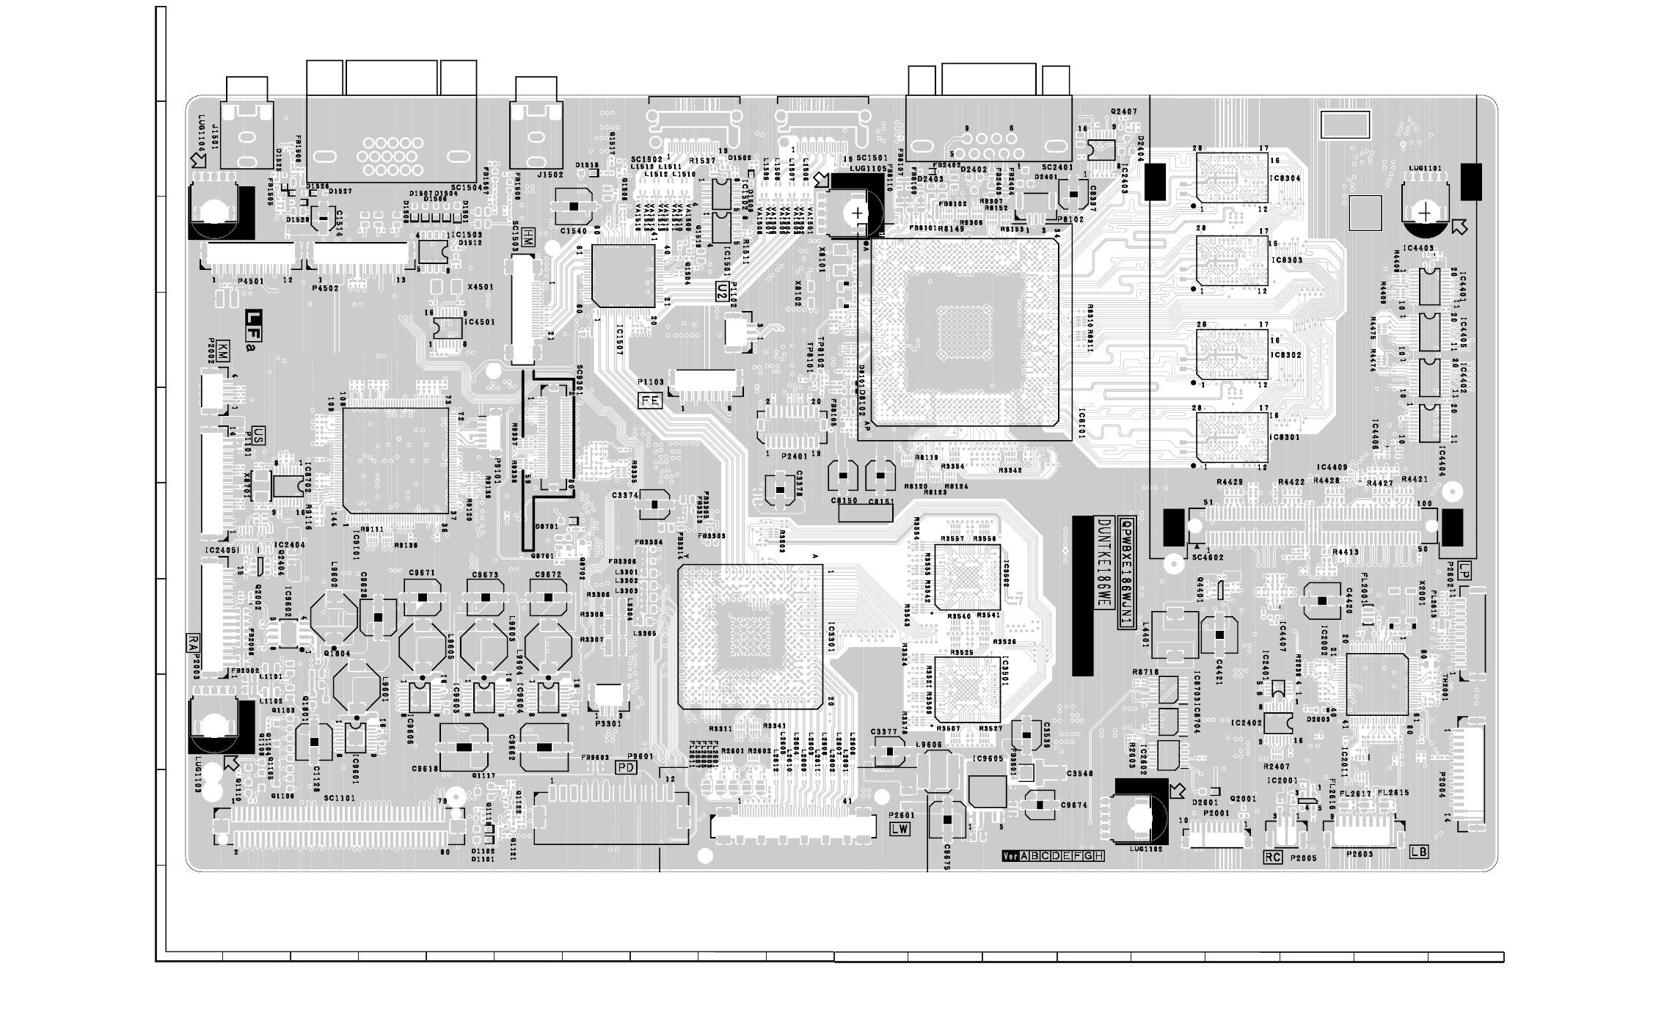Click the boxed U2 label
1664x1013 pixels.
click(723, 291)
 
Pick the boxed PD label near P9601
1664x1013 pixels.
click(626, 767)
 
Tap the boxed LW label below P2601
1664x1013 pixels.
click(899, 830)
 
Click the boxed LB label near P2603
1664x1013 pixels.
click(1419, 852)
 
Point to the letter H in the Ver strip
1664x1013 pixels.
click(1099, 856)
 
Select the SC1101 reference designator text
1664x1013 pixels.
click(339, 798)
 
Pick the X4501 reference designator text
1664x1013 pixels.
click(480, 288)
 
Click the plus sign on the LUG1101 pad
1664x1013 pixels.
click(1425, 213)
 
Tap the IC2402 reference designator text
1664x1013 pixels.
click(1247, 723)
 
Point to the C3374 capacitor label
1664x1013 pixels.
click(624, 495)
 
